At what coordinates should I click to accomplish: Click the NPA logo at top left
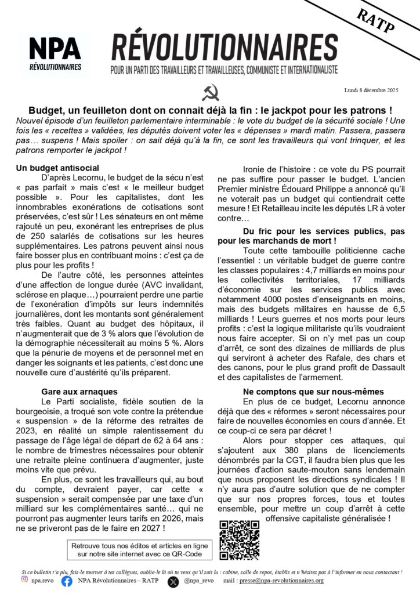click(x=56, y=53)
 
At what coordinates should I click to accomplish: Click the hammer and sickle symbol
click(x=210, y=92)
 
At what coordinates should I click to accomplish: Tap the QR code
click(x=239, y=540)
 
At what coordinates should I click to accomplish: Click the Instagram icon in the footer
click(x=24, y=579)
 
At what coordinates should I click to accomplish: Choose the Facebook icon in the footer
click(x=67, y=580)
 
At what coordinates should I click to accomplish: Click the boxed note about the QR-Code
click(x=139, y=550)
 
